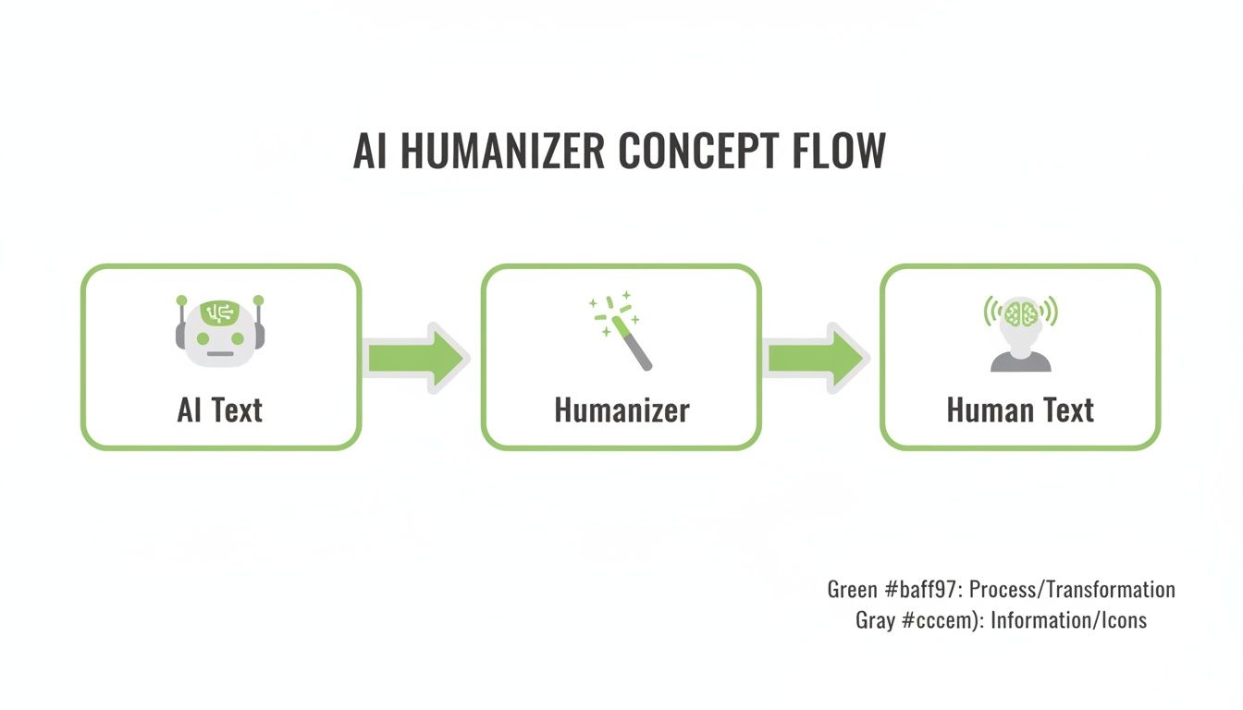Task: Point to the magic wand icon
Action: pos(621,330)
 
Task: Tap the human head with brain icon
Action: pos(1020,333)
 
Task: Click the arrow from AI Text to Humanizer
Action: pos(417,357)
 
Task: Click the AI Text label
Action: pos(220,410)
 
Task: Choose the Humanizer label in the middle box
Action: pos(621,410)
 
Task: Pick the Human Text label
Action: pos(1020,410)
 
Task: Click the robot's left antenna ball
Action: pos(182,300)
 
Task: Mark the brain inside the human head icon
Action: pos(1020,312)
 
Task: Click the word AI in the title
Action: pos(370,151)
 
